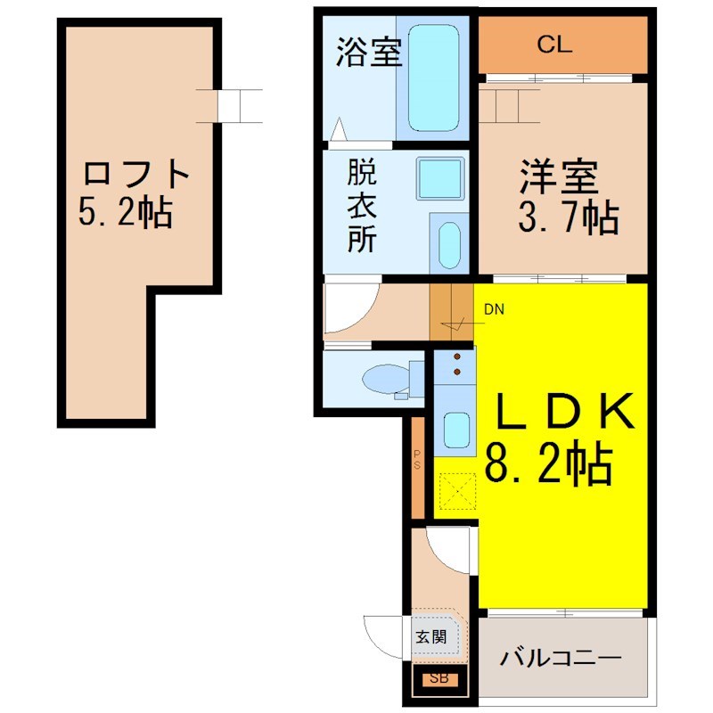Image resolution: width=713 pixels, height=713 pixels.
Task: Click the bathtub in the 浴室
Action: pos(433,78)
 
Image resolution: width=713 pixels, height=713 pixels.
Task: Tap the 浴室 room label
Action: pos(369,53)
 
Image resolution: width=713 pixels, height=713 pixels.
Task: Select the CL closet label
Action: pos(554,45)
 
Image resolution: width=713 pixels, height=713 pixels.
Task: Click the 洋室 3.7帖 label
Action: pos(568,196)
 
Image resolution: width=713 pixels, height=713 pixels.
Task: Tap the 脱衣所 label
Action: pos(362,206)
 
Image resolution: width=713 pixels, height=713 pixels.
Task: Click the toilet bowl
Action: pos(386,379)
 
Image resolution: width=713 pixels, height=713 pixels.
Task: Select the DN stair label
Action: pos(494,309)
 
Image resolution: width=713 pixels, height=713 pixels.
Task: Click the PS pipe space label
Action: pos(417,460)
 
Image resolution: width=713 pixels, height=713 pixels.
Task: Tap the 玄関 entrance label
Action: pos(430,637)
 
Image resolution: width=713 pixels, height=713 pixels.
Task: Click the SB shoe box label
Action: pos(439,678)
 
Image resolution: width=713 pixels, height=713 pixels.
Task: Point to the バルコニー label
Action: pos(561,658)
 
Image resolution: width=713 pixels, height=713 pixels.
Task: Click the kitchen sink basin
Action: pos(456,430)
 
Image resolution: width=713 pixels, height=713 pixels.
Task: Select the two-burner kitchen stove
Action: pos(455,365)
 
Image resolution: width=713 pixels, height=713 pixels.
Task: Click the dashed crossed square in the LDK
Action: pos(458,492)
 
